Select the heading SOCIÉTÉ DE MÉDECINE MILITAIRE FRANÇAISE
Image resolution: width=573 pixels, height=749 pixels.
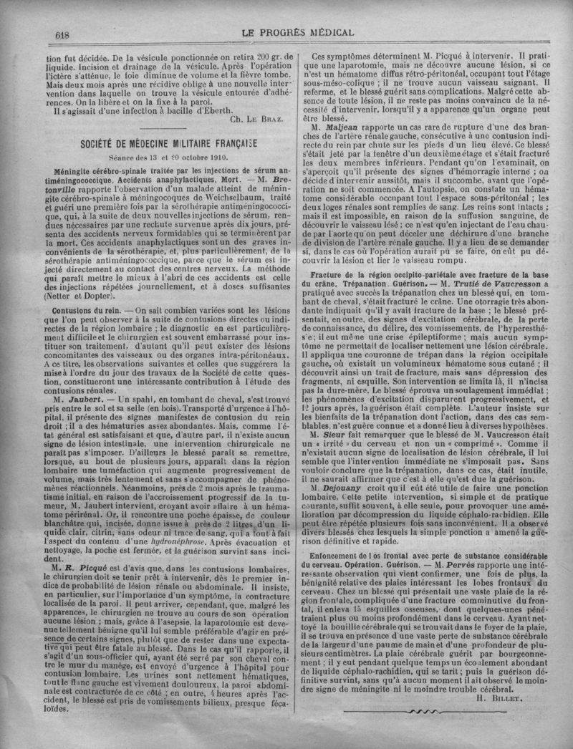[170, 142]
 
